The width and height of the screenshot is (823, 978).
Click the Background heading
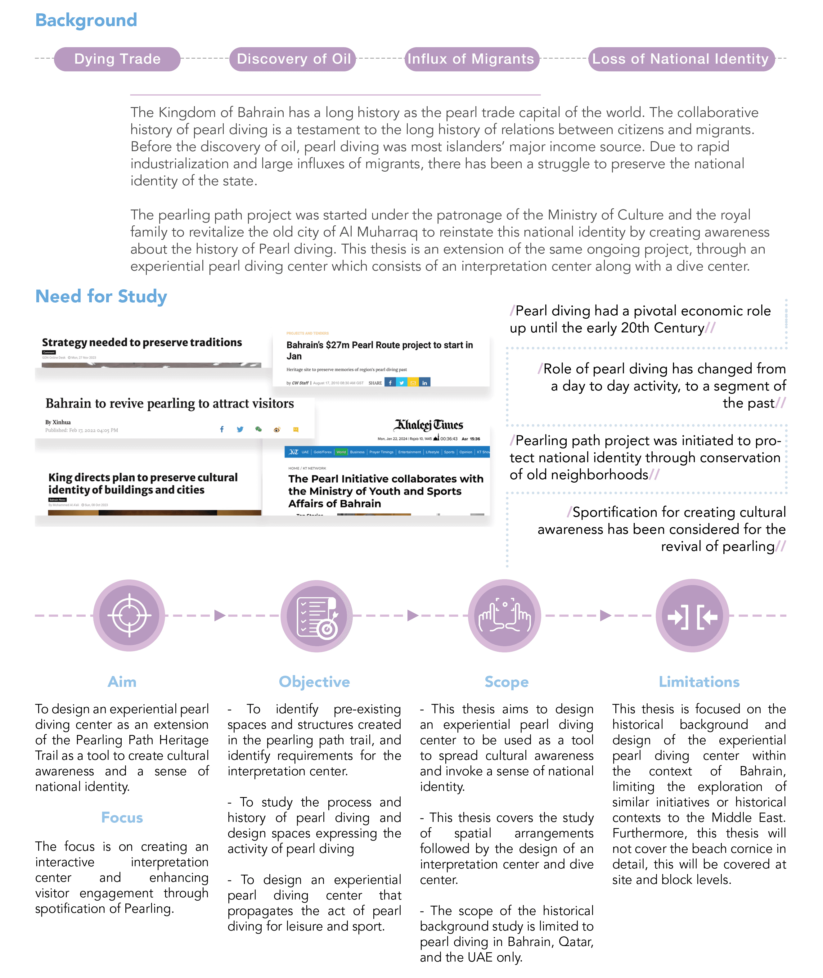tap(86, 20)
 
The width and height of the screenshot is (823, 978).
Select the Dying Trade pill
tap(117, 59)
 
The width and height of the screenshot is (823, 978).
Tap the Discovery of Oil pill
tap(293, 59)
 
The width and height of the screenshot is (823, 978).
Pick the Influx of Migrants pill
tap(471, 59)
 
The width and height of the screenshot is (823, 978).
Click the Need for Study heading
tap(101, 296)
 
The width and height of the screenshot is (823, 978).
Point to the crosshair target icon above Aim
tap(129, 615)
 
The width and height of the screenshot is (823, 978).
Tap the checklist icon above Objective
tap(317, 615)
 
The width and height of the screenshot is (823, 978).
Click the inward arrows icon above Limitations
tap(692, 616)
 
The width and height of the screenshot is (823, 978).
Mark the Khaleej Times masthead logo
tap(428, 425)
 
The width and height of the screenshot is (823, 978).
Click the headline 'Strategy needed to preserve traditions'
tap(142, 342)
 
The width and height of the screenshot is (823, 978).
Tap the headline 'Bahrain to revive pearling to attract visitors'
tap(169, 403)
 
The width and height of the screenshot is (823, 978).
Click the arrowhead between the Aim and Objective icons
tap(220, 615)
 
